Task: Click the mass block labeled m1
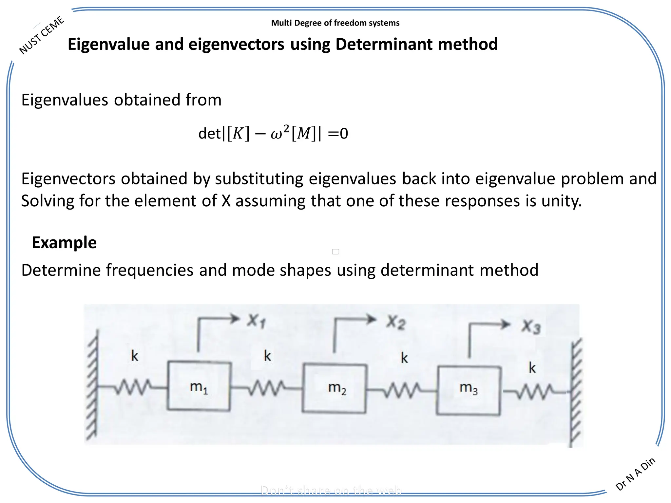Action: click(199, 386)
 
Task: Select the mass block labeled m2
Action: click(335, 388)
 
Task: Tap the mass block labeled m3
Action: click(469, 391)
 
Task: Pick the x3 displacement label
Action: click(531, 326)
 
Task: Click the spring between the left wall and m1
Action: click(133, 387)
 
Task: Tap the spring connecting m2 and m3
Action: click(402, 390)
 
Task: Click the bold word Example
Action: click(64, 243)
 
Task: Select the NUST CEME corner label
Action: click(42, 35)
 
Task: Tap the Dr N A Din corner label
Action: click(635, 474)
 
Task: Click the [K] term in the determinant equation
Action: click(238, 133)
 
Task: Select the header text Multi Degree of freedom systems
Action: click(335, 23)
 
